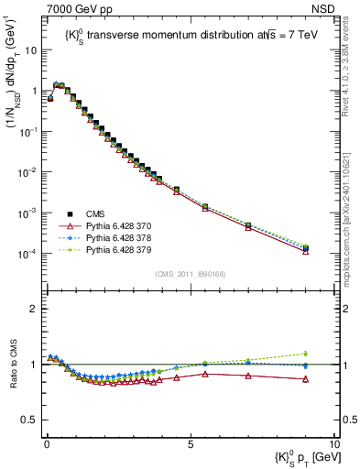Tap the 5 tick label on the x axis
[x=190, y=443]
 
